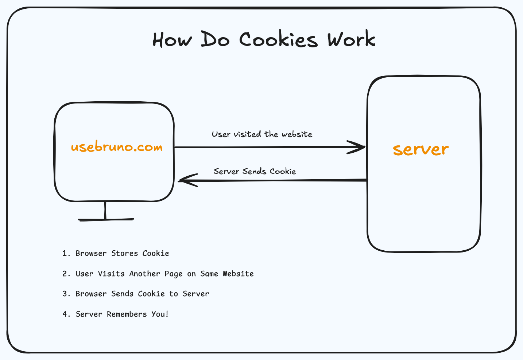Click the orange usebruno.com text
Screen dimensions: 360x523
pyautogui.click(x=117, y=147)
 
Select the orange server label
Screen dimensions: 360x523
pyautogui.click(x=421, y=149)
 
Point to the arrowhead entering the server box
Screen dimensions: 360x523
pyautogui.click(x=359, y=147)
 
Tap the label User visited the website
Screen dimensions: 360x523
pyautogui.click(x=262, y=134)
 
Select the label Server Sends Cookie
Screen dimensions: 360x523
pyautogui.click(x=255, y=171)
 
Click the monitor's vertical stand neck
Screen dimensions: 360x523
pyautogui.click(x=105, y=210)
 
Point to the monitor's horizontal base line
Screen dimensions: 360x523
pyautogui.click(x=106, y=219)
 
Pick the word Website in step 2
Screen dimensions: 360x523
pyautogui.click(x=238, y=274)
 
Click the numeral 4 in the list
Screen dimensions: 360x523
pyautogui.click(x=65, y=314)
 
